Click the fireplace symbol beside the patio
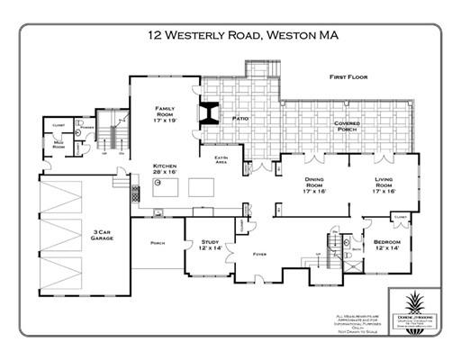tap(210, 112)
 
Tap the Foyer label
tap(259, 255)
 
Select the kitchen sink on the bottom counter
tap(158, 213)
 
